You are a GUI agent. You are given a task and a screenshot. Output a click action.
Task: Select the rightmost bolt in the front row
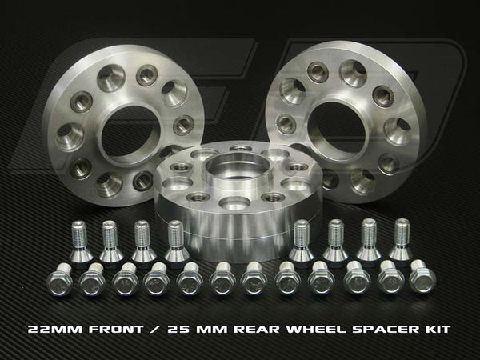click(x=418, y=280)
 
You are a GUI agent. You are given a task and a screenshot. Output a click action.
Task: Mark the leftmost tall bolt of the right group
click(x=302, y=241)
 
